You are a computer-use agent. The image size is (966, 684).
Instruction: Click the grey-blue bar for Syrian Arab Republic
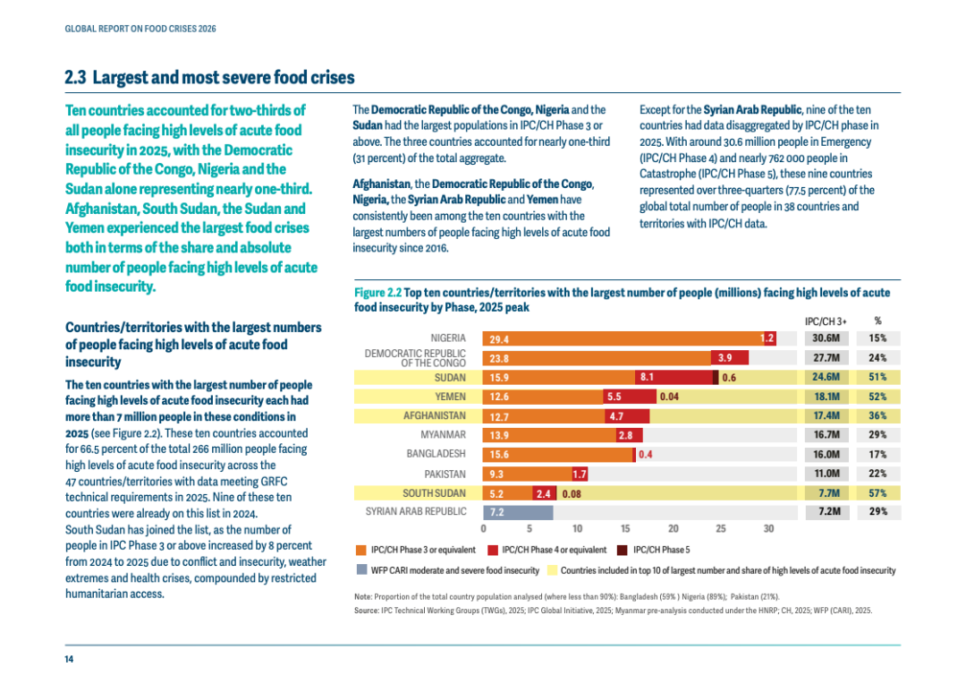[x=518, y=512]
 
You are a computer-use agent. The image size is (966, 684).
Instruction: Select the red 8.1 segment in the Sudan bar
[x=674, y=378]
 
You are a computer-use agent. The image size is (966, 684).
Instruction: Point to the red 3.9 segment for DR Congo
[x=730, y=358]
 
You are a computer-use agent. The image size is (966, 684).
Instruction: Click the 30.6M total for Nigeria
[x=826, y=338]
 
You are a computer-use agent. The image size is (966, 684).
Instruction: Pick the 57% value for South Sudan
[x=878, y=493]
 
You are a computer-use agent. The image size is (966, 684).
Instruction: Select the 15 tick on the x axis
[x=625, y=528]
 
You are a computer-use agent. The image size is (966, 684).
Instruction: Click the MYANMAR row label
[x=443, y=435]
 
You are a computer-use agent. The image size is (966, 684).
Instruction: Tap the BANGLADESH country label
[x=436, y=454]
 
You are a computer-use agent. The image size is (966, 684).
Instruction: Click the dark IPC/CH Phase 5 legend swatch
[x=623, y=551]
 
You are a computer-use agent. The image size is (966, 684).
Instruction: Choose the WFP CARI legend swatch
[x=361, y=570]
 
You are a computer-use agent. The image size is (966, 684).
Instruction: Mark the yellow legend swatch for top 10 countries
[x=552, y=570]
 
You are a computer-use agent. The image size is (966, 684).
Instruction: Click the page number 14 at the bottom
[x=69, y=659]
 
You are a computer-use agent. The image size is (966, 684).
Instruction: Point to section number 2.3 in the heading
[x=75, y=78]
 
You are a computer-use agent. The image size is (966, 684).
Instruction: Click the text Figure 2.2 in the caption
[x=377, y=293]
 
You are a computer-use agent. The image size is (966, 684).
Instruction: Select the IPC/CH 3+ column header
[x=826, y=321]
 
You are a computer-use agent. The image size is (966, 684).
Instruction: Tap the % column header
[x=878, y=321]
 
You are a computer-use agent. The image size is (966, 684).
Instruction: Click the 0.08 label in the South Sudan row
[x=572, y=494]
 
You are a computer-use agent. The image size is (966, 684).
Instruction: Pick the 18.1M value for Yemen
[x=826, y=397]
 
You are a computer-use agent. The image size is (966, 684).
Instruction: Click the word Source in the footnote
[x=366, y=611]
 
